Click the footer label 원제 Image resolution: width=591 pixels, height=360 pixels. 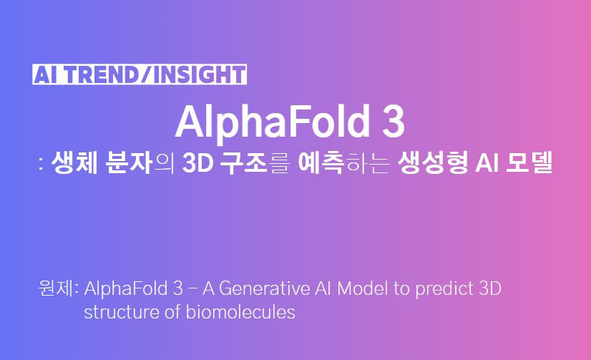pos(55,289)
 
